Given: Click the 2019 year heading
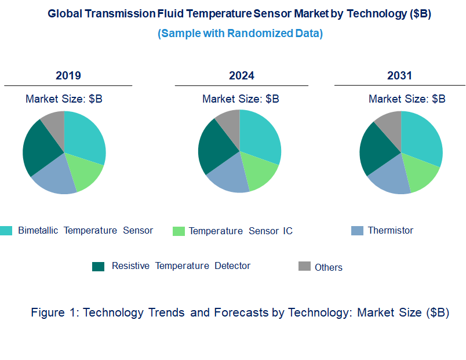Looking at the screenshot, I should [x=68, y=76].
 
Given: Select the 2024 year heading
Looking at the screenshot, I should [x=241, y=76].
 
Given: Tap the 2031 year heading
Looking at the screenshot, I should [x=399, y=76].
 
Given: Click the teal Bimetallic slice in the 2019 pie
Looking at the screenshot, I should [x=83, y=136].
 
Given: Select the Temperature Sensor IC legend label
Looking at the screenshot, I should [x=241, y=231].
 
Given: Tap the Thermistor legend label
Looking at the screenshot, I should [x=391, y=231].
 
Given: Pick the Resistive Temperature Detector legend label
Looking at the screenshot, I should [x=181, y=266].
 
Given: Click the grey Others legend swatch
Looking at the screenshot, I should [x=304, y=266].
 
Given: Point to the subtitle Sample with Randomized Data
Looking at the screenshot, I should [x=240, y=34].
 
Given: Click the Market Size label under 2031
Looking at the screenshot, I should [x=407, y=99].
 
